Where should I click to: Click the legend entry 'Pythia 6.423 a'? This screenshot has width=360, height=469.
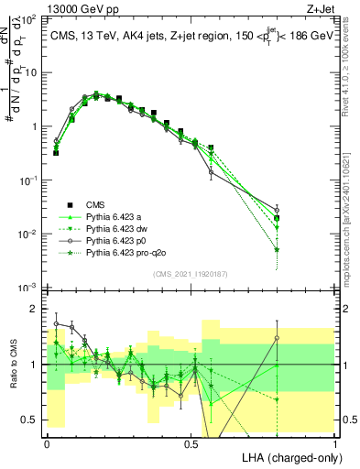[110, 216]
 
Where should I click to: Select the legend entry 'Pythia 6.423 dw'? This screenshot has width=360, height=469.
[113, 227]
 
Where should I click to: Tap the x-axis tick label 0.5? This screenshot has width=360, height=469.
[191, 443]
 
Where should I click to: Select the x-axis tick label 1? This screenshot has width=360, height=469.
[334, 443]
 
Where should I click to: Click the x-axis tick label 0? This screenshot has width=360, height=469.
[47, 443]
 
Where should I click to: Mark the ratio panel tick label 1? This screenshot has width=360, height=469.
[32, 365]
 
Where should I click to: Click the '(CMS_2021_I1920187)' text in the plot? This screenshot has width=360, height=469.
[191, 273]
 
